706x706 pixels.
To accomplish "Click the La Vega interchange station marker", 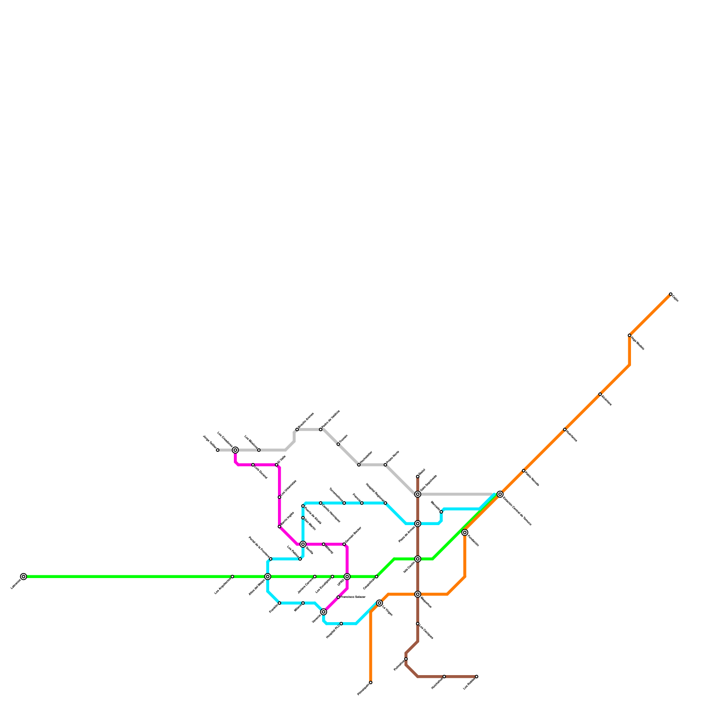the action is [x=379, y=603].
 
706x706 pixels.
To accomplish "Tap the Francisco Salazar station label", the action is [x=353, y=597].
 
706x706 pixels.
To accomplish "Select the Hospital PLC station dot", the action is [x=341, y=623].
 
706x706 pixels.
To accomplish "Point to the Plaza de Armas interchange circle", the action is [x=418, y=524].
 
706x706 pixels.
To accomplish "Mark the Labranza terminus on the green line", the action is [x=23, y=577].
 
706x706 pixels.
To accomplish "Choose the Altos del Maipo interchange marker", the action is [x=268, y=577].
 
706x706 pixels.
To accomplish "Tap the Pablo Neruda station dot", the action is [x=524, y=471].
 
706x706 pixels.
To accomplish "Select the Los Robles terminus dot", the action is [x=477, y=676].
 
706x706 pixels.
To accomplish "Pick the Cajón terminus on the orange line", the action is [x=671, y=294].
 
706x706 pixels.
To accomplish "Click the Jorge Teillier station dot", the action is [x=218, y=450].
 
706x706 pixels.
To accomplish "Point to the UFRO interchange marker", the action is [x=347, y=577].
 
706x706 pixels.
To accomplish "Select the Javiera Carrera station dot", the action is [x=315, y=577].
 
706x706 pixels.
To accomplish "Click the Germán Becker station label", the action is [x=353, y=535].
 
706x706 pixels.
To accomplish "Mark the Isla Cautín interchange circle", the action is [x=418, y=559].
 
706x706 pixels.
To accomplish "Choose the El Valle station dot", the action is [x=277, y=465].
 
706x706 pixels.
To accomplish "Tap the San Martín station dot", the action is [x=303, y=518].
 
